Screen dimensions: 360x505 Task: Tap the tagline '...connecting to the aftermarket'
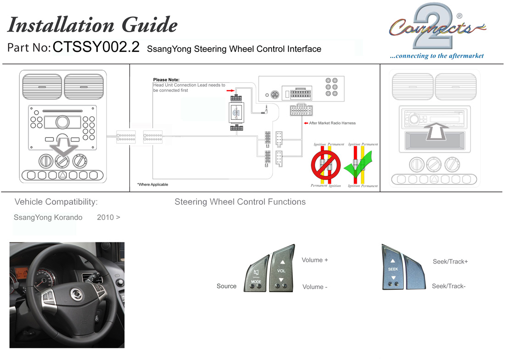437,56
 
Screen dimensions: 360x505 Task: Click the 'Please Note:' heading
166,80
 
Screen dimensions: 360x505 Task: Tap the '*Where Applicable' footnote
152,185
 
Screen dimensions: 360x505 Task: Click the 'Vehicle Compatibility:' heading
56,202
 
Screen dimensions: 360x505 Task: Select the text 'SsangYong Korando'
48,217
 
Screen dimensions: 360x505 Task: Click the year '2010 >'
108,217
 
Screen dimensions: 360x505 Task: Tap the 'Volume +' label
314,260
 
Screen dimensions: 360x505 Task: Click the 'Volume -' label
314,287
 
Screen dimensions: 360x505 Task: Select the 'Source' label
226,286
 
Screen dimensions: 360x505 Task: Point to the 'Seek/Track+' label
450,262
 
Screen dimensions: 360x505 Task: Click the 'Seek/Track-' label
449,286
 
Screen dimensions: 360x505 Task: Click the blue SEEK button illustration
393,269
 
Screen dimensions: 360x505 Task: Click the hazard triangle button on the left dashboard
63,175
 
